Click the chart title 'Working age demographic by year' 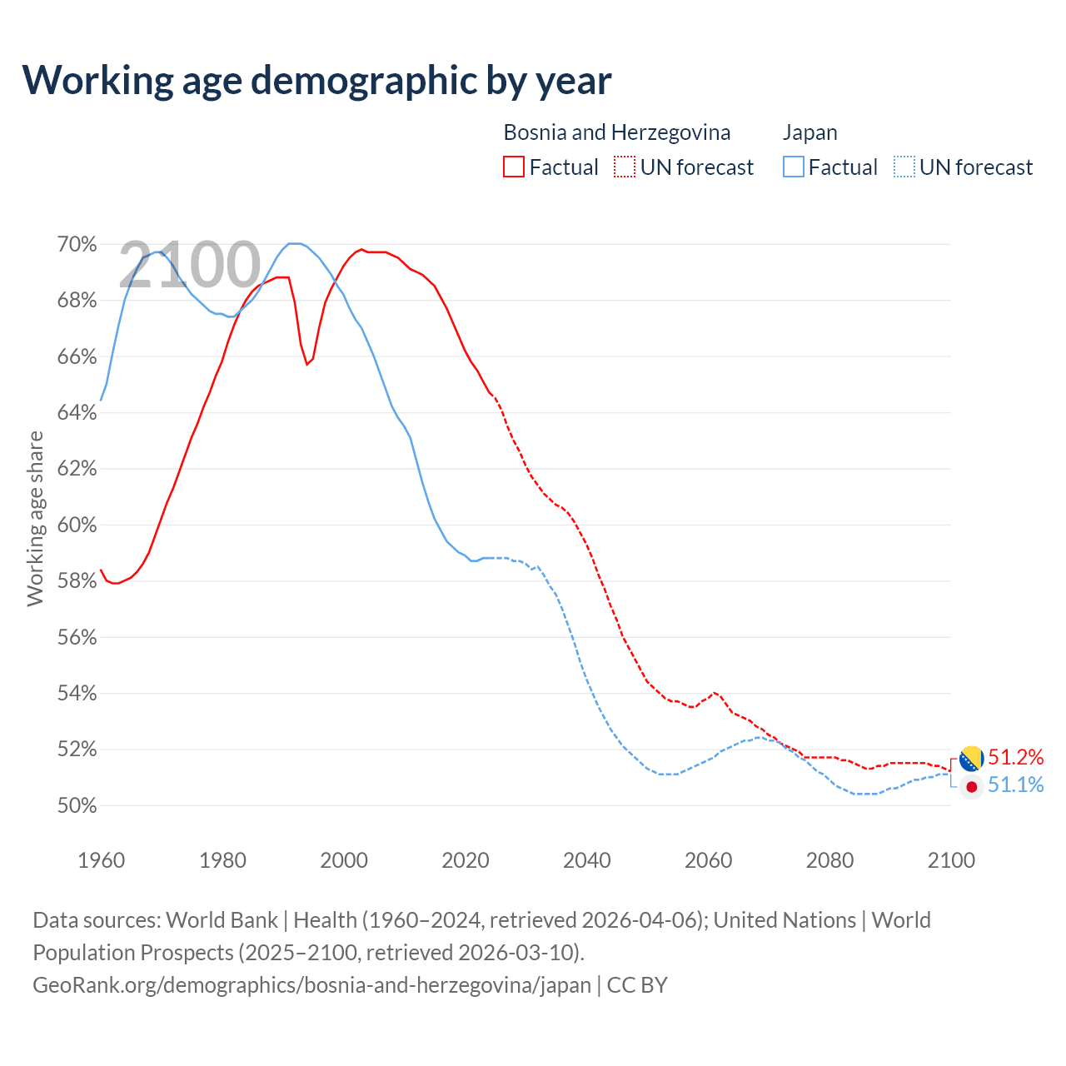click(317, 80)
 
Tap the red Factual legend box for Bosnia click(514, 167)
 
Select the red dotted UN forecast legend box click(625, 167)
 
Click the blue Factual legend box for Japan click(794, 167)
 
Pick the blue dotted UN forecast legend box click(904, 167)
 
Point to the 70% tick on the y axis click(77, 245)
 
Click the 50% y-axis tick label click(77, 806)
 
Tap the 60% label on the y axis click(77, 526)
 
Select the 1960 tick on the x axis click(102, 860)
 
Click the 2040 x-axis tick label click(587, 860)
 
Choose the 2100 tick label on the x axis click(951, 860)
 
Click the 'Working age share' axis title click(35, 518)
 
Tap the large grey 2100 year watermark click(190, 265)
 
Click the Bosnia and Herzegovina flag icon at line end click(972, 759)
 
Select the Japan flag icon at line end click(972, 786)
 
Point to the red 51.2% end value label click(1016, 758)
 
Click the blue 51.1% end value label click(1016, 785)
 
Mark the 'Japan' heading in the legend click(810, 132)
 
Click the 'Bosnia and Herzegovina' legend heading click(617, 132)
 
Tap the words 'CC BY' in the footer click(637, 985)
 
